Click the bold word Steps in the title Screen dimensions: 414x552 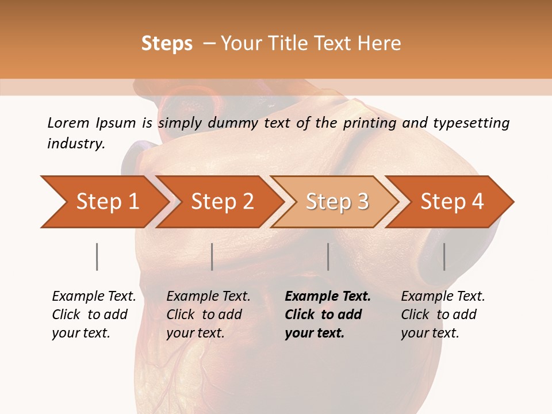coord(167,44)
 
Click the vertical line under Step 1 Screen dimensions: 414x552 coord(97,256)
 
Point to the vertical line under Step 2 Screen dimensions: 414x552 coord(212,256)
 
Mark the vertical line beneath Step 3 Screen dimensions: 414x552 coord(328,256)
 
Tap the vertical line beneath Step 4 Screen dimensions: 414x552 coord(444,256)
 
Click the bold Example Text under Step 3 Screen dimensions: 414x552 coord(328,296)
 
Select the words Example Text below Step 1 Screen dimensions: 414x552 coord(94,296)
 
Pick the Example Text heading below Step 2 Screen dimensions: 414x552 coord(208,296)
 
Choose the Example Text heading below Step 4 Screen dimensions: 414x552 coord(443,296)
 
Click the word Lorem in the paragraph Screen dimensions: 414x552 coord(68,122)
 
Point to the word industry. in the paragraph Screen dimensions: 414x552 coord(76,143)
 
